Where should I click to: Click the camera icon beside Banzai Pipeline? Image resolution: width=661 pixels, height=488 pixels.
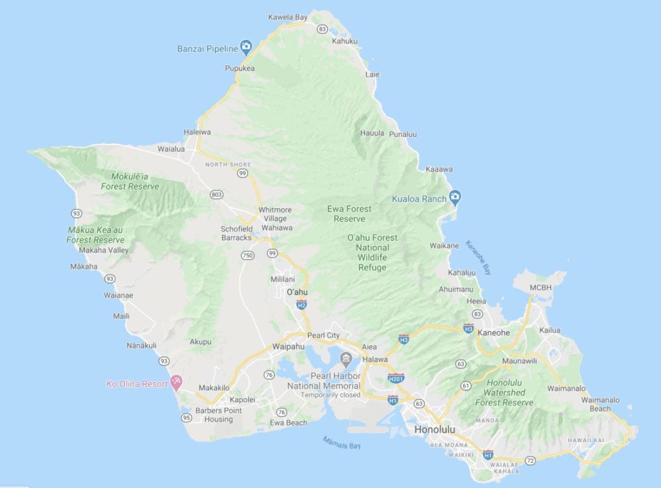(x=245, y=46)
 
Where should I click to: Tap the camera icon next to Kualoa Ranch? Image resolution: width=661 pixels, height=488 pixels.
(x=454, y=197)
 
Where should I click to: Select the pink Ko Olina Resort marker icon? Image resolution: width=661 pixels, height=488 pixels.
(x=175, y=383)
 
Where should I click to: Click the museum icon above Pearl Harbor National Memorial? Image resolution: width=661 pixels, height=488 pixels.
(x=345, y=358)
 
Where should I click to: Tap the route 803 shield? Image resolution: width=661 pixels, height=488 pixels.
(x=216, y=194)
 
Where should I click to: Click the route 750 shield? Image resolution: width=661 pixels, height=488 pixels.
(x=247, y=256)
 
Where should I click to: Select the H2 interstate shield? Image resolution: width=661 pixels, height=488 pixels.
(x=301, y=304)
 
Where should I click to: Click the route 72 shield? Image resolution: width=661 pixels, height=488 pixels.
(x=530, y=460)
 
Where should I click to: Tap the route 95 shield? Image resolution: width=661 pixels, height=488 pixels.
(x=187, y=418)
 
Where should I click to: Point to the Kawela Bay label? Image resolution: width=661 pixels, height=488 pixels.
(x=288, y=17)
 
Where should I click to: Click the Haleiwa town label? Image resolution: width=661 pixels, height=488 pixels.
(x=197, y=132)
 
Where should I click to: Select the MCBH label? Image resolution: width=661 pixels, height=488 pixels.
(x=541, y=287)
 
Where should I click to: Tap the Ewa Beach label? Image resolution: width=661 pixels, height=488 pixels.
(x=288, y=423)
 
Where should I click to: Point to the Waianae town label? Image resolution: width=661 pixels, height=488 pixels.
(x=118, y=296)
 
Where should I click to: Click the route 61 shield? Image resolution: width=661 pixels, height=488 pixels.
(x=465, y=385)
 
